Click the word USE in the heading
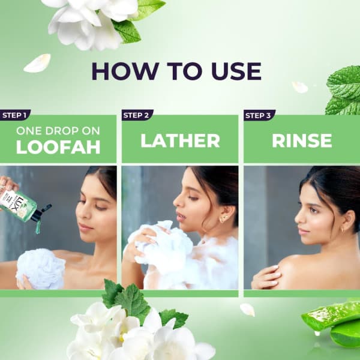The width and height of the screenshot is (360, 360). point(236,71)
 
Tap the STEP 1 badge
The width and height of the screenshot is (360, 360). point(15,115)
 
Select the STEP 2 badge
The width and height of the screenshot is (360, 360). point(137,115)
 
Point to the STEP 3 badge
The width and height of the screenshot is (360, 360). point(259,115)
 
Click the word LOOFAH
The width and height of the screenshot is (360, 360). point(58,147)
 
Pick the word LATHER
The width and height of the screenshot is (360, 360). point(180,141)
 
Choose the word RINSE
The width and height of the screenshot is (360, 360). point(302,141)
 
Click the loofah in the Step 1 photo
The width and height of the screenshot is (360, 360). point(41,269)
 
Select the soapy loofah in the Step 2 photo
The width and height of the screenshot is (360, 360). point(161,247)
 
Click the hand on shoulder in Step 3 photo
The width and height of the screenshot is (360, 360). point(266,277)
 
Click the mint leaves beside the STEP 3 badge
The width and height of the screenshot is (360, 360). point(344,90)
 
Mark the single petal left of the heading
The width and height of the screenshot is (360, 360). point(37,63)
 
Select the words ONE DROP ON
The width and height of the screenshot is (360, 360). point(58,131)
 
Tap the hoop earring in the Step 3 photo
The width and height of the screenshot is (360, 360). point(343,230)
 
